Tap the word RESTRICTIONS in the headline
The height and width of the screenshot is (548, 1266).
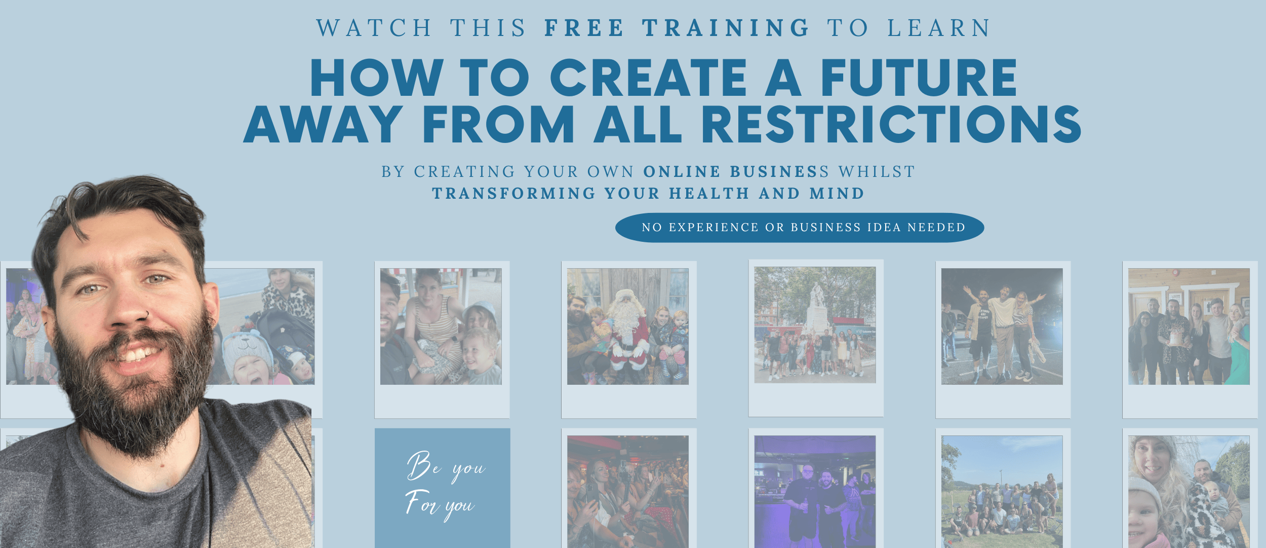[x=891, y=124]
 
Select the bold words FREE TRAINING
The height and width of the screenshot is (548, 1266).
[x=677, y=28]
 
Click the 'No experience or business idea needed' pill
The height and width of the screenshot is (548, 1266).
[x=800, y=228]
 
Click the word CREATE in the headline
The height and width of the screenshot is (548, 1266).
[x=649, y=77]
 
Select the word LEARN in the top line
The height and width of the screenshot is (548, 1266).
[x=939, y=28]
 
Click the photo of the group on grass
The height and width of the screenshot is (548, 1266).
[x=1002, y=491]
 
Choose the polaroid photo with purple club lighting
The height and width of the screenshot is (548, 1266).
[x=815, y=491]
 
